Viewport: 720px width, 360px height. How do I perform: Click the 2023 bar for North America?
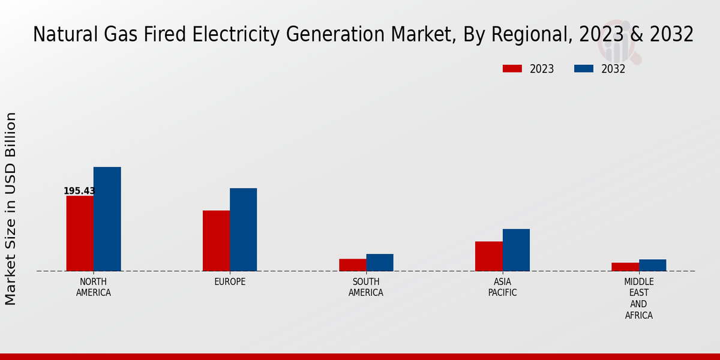80,233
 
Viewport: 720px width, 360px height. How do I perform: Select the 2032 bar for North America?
107,219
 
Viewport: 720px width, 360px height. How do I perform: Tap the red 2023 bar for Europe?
216,241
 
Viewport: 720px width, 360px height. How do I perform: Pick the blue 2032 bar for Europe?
243,230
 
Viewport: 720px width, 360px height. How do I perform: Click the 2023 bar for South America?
352,265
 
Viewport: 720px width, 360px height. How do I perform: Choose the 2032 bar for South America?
380,262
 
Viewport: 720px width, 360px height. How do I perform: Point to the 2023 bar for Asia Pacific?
488,256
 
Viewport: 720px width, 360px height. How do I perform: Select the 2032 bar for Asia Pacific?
516,250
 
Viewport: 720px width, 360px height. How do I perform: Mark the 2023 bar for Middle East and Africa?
625,266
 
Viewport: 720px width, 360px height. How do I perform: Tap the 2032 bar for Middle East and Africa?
652,265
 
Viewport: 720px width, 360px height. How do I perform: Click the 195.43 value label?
79,191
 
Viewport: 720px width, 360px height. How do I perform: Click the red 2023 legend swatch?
512,68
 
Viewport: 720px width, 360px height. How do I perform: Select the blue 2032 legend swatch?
583,68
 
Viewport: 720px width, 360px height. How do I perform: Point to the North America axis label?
94,287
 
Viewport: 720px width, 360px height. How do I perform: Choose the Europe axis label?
230,282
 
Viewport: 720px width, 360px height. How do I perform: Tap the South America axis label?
366,287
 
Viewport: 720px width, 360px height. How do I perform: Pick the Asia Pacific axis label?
502,287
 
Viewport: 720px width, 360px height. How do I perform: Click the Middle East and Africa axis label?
639,298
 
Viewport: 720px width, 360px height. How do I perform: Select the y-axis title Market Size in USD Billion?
11,208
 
